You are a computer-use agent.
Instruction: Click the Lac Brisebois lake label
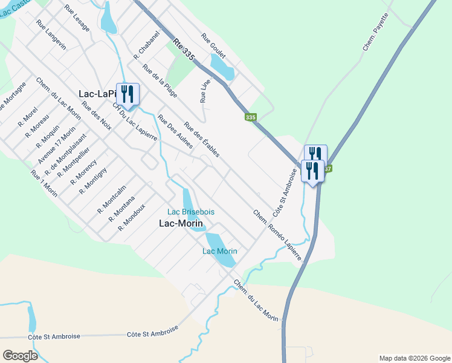(190, 212)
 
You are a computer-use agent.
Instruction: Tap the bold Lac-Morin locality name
(180, 223)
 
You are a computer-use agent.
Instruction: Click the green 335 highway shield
(251, 117)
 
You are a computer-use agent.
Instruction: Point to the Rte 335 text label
(184, 50)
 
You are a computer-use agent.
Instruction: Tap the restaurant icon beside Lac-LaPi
(128, 94)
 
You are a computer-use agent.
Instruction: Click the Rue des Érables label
(202, 140)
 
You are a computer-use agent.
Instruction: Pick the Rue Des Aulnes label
(175, 132)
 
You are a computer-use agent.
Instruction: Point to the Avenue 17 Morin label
(57, 145)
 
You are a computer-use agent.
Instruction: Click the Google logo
(21, 356)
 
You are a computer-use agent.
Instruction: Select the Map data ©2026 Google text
(414, 358)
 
